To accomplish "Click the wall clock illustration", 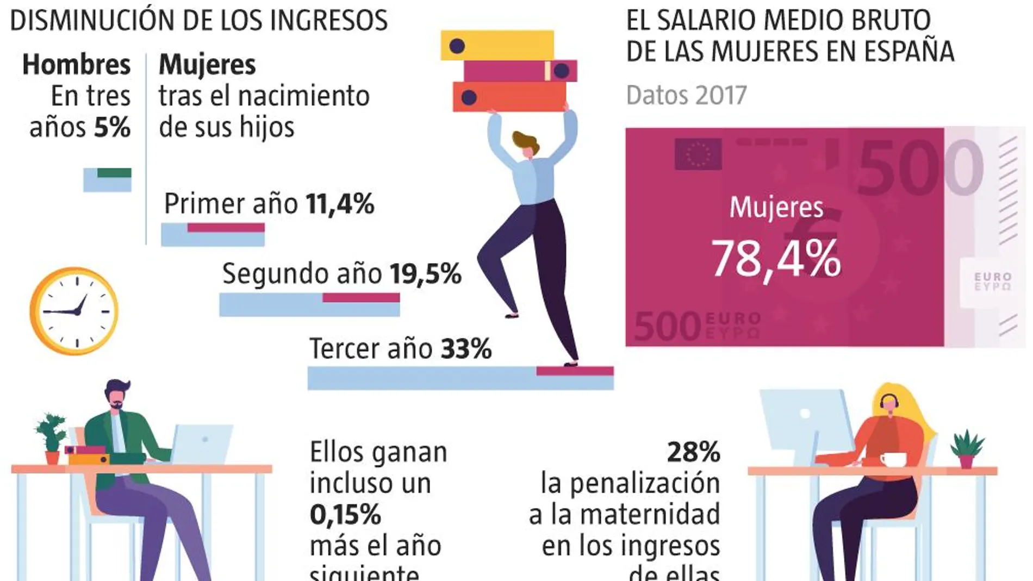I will pyautogui.click(x=74, y=311).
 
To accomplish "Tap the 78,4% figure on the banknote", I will pyautogui.click(x=776, y=259).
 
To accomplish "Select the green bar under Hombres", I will pyautogui.click(x=114, y=173).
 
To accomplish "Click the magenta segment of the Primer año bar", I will pyautogui.click(x=226, y=227).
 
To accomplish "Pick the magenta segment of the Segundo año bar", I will pyautogui.click(x=361, y=297).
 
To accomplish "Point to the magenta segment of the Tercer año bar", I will pyautogui.click(x=575, y=371).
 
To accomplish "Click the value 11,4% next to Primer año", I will pyautogui.click(x=340, y=204).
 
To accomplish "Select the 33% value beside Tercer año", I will pyautogui.click(x=466, y=348).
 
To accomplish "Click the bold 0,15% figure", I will pyautogui.click(x=345, y=515).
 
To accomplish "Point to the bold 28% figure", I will pyautogui.click(x=693, y=452).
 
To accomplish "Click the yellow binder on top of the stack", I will pyautogui.click(x=497, y=45).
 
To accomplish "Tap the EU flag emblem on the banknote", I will pyautogui.click(x=698, y=154).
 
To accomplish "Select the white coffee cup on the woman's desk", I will pyautogui.click(x=892, y=460).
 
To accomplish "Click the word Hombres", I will pyautogui.click(x=77, y=65).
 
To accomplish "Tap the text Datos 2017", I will pyautogui.click(x=686, y=96).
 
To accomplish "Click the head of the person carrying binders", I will pyautogui.click(x=526, y=145).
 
